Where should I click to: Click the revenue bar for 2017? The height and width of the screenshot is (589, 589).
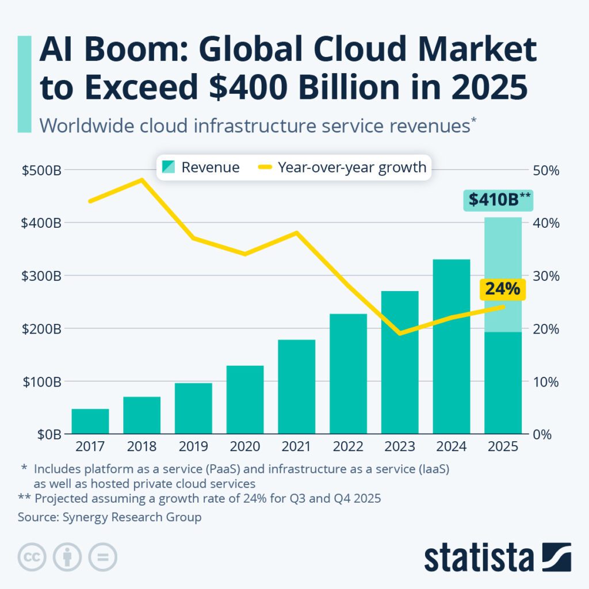pos(90,421)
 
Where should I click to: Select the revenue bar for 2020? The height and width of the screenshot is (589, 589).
pos(245,399)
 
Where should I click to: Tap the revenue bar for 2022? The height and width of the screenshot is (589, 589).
pos(348,373)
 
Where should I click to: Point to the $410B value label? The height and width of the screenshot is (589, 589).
pos(498,200)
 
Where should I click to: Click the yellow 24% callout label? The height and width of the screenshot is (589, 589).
pos(502,289)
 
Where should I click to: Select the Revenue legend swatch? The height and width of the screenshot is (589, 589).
pos(169,167)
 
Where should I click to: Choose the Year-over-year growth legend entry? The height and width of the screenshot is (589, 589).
pos(343,167)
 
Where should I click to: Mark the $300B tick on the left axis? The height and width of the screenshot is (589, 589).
pos(41,276)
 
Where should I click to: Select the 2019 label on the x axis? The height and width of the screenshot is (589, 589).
pos(193,447)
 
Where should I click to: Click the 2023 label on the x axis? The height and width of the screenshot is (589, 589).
pos(399,447)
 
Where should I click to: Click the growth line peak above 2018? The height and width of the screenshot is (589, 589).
pos(141,179)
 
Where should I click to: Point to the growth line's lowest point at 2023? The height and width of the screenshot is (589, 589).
pos(400,333)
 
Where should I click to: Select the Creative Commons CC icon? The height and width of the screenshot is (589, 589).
pos(32,557)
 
